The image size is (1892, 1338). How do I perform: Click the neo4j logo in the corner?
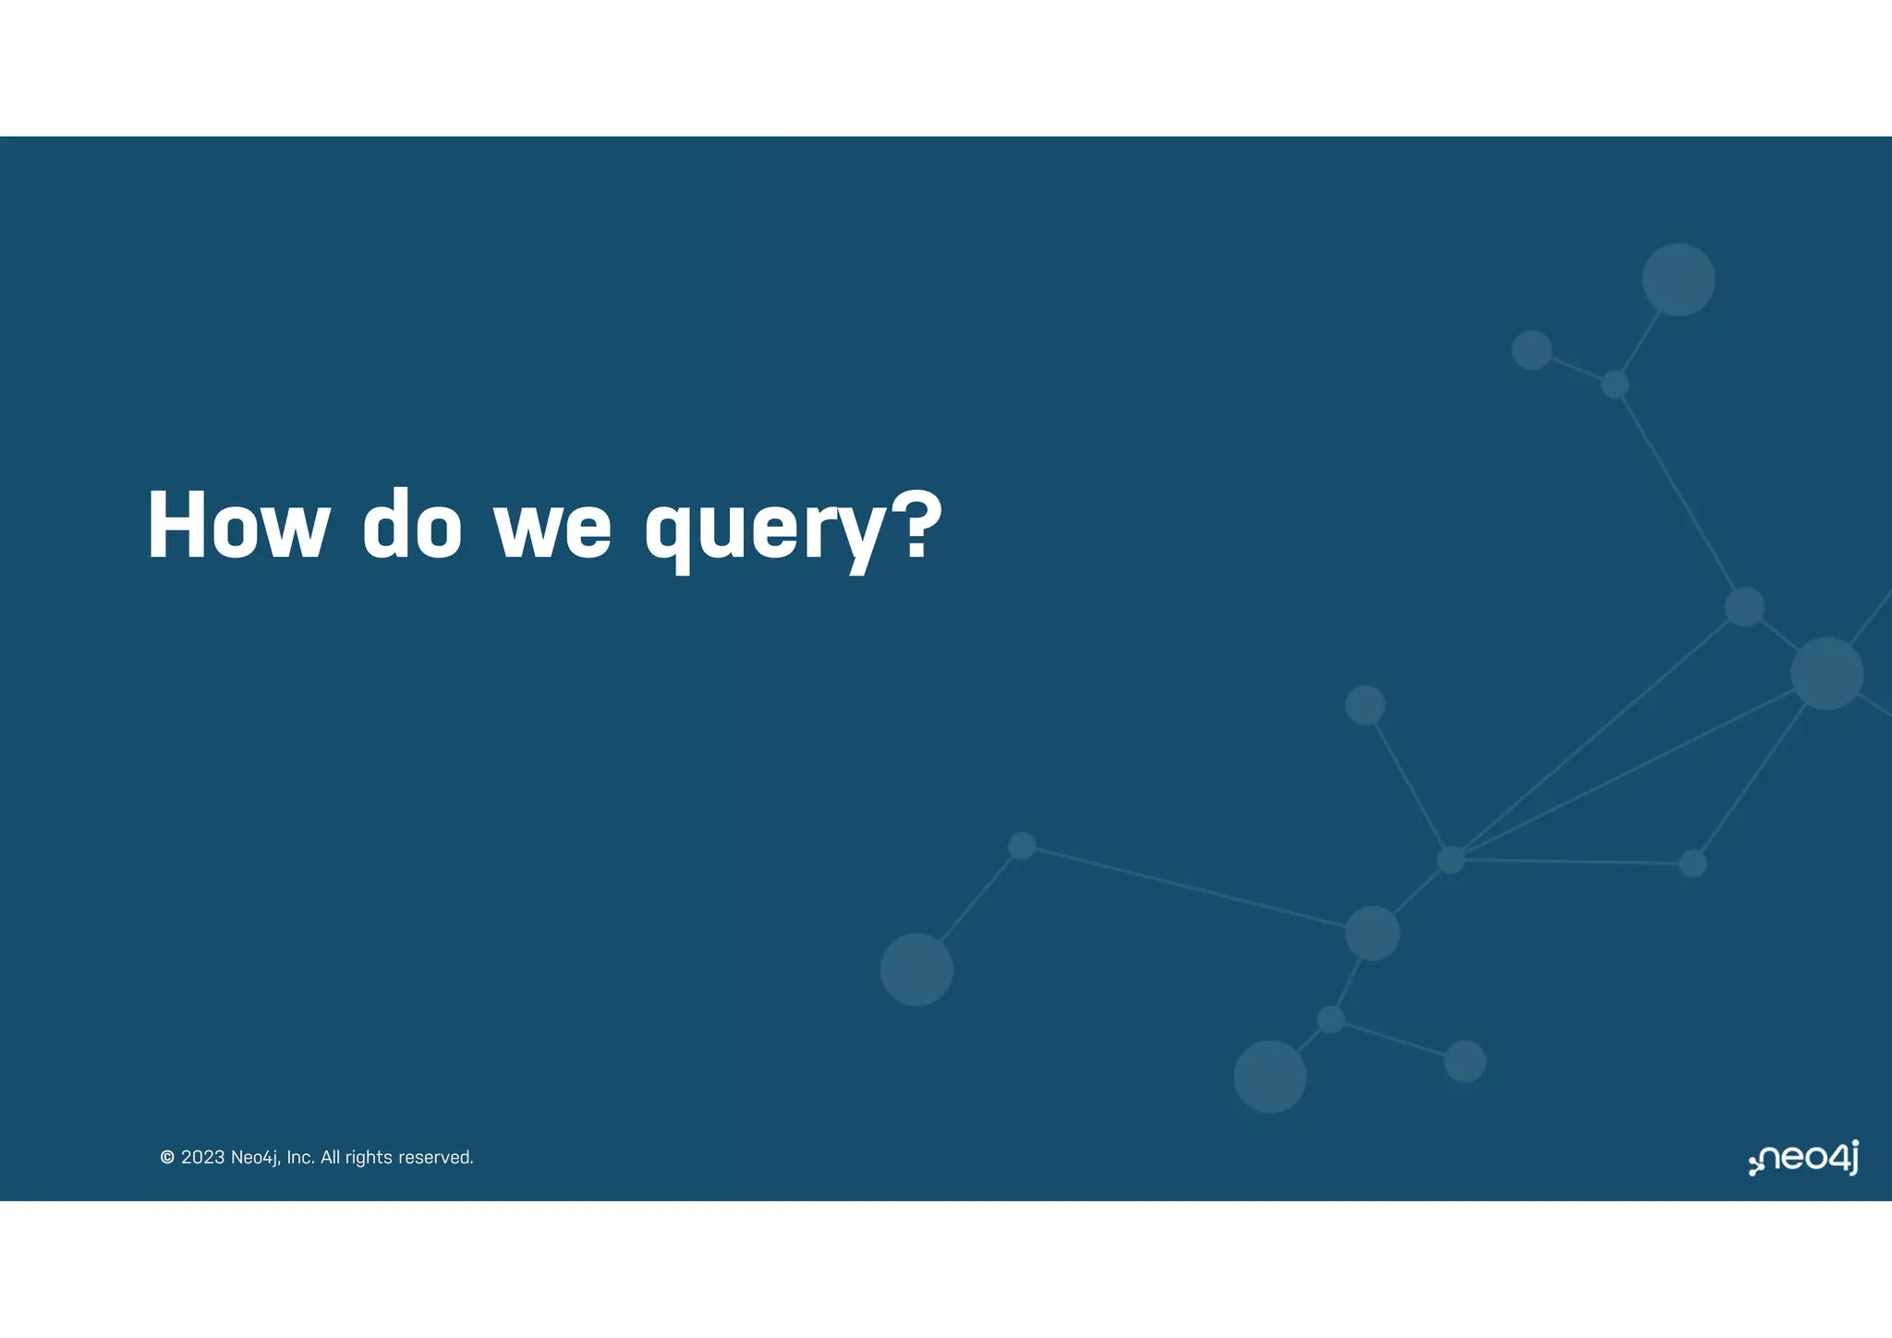1803,1158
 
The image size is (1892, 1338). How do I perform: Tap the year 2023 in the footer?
202,1158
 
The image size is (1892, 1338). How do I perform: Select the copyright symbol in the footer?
167,1158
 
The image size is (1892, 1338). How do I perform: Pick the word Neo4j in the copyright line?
255,1158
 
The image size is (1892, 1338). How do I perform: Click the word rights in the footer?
369,1158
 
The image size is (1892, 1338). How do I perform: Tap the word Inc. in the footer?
300,1158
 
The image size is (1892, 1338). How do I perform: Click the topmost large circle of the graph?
1678,280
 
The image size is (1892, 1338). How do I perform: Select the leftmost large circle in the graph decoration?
916,969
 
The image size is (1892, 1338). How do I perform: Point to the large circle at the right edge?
1826,674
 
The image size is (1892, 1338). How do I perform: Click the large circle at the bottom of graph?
1269,1076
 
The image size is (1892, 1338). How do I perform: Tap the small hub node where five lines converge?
1450,859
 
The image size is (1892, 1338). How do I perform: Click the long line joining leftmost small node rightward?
1192,887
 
